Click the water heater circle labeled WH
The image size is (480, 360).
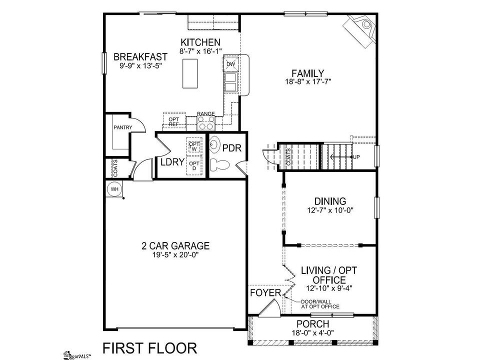pyautogui.click(x=114, y=189)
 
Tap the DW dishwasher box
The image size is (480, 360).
pyautogui.click(x=230, y=63)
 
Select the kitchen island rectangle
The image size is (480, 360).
pyautogui.click(x=190, y=73)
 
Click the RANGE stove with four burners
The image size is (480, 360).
pyautogui.click(x=205, y=123)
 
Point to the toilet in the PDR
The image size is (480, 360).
pyautogui.click(x=220, y=165)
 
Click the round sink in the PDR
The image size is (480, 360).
pyautogui.click(x=215, y=143)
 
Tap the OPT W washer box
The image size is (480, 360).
pyautogui.click(x=194, y=146)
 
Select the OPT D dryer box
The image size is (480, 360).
pyautogui.click(x=194, y=165)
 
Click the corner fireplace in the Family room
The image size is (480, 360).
pyautogui.click(x=360, y=29)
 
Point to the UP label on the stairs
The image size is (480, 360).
pyautogui.click(x=356, y=157)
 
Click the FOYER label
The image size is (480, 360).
pyautogui.click(x=265, y=293)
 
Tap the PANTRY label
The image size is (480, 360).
pyautogui.click(x=123, y=127)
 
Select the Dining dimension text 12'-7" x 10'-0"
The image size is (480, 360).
pyautogui.click(x=330, y=210)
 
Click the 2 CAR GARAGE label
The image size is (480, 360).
pyautogui.click(x=175, y=245)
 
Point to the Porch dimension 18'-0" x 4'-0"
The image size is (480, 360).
pyautogui.click(x=312, y=332)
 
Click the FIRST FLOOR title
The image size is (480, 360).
pyautogui.click(x=149, y=348)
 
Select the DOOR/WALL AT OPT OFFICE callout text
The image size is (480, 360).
pyautogui.click(x=320, y=304)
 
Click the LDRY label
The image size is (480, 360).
pyautogui.click(x=172, y=161)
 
